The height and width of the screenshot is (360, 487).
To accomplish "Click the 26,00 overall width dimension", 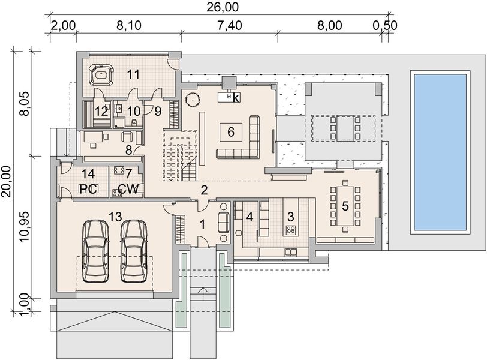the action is click(x=223, y=7).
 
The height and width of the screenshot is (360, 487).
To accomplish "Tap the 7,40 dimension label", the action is click(x=230, y=25).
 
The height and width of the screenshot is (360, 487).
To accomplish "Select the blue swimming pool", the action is click(x=440, y=152).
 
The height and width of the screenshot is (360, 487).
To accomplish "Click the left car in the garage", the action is click(x=95, y=251).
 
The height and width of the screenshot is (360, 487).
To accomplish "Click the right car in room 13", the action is click(x=134, y=251).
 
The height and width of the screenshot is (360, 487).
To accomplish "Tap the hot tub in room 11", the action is click(x=101, y=75).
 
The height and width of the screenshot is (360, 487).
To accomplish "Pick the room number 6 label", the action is click(x=230, y=132).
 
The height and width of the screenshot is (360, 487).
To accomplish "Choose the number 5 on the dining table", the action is click(x=345, y=206).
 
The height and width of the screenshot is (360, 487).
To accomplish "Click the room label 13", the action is click(x=115, y=217).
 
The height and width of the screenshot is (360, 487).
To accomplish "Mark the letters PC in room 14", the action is click(x=89, y=189).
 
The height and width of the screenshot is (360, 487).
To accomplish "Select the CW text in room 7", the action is click(x=128, y=189).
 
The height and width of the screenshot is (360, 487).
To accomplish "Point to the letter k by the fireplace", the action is click(x=236, y=98).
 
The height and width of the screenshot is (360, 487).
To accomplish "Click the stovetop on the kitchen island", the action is click(x=291, y=230).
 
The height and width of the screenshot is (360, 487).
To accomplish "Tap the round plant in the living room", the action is click(x=192, y=100).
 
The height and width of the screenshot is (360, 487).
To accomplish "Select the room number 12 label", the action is click(x=102, y=111).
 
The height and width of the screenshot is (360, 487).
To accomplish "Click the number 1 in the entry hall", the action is click(x=203, y=224).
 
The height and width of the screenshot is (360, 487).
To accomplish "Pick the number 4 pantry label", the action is click(x=249, y=217).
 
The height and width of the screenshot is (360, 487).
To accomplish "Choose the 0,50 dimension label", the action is click(x=385, y=25).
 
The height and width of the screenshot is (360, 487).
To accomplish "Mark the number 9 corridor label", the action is click(x=158, y=111).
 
